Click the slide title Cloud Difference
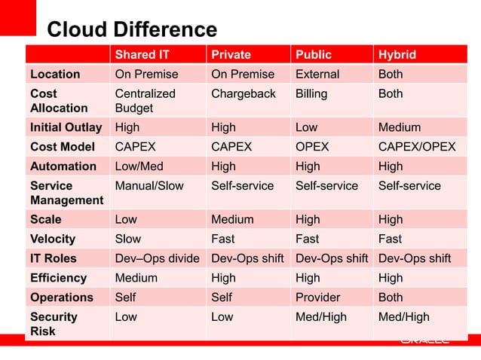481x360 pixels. [132, 30]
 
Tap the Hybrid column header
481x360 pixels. [397, 55]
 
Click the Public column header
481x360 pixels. [314, 55]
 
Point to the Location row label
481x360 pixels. [55, 75]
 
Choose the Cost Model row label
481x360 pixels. [63, 147]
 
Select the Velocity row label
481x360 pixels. [53, 239]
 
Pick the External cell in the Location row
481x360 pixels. [317, 75]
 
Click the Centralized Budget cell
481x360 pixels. [145, 101]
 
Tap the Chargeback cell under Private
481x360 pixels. [244, 94]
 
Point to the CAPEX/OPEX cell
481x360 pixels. [417, 147]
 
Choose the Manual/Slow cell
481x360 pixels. [149, 186]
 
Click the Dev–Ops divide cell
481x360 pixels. [157, 258]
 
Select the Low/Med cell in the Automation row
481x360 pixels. [139, 166]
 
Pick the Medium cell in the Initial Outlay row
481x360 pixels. [400, 127]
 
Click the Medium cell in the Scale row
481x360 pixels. [232, 220]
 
